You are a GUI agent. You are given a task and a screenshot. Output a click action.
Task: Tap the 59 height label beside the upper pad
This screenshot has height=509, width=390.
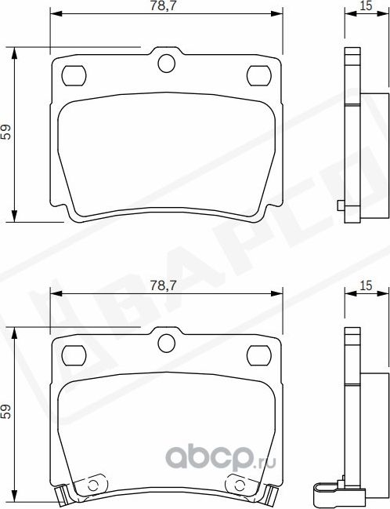(x=7, y=133)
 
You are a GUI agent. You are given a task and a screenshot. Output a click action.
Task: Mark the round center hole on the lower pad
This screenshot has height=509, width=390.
(x=166, y=341)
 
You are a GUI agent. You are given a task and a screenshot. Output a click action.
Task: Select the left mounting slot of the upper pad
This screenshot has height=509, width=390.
(x=74, y=75)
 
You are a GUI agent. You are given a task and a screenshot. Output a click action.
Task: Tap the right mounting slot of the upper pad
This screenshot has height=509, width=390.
(x=258, y=75)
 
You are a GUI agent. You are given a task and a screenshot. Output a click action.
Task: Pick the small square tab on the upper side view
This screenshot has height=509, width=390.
(x=339, y=206)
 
